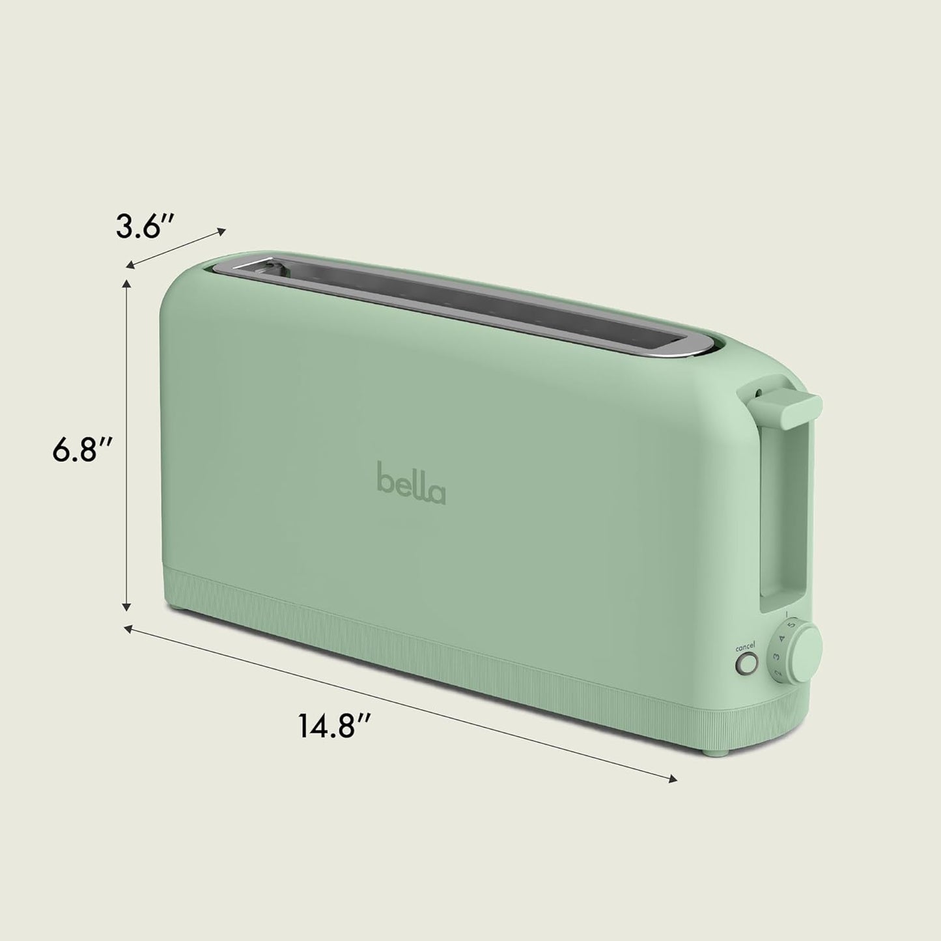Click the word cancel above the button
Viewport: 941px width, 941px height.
[746, 648]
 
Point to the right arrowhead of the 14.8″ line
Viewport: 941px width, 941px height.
[673, 778]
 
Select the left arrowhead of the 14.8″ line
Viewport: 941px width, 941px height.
[128, 629]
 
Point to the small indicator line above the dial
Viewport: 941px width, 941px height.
[788, 614]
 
